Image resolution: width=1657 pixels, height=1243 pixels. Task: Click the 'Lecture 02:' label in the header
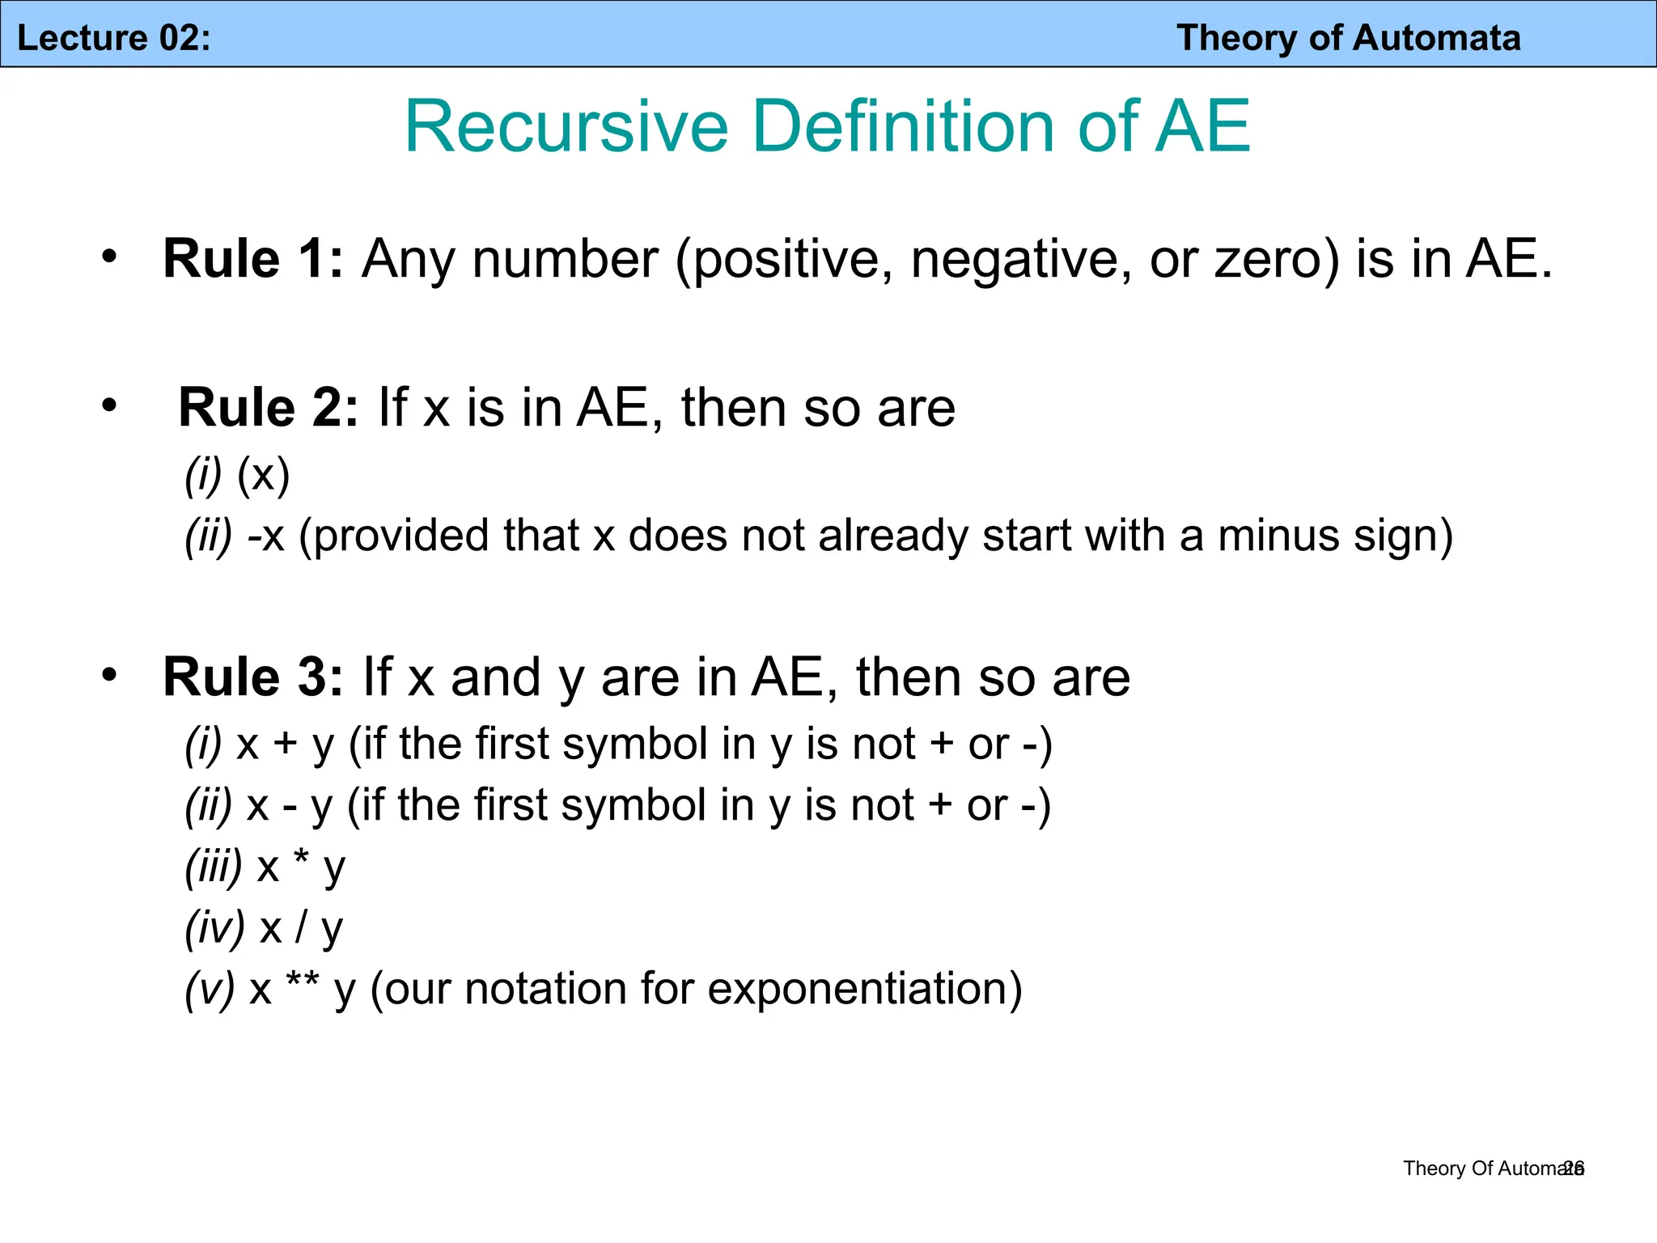pyautogui.click(x=113, y=38)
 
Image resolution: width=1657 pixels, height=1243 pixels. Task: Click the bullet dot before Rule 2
pyautogui.click(x=109, y=405)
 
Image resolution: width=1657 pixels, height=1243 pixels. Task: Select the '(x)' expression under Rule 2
pyautogui.click(x=263, y=474)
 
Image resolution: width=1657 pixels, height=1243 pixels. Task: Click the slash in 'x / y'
pyautogui.click(x=301, y=927)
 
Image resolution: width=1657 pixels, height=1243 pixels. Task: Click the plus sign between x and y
pyautogui.click(x=285, y=745)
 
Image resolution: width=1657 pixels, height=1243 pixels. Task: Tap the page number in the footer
pyautogui.click(x=1574, y=1169)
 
